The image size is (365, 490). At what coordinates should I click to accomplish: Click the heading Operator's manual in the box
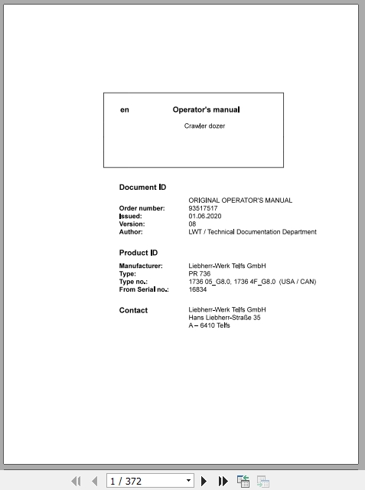point(206,109)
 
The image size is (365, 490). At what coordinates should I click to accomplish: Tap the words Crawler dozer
point(204,126)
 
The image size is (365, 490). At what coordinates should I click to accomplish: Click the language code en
point(125,109)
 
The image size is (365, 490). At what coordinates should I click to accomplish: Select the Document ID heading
point(142,187)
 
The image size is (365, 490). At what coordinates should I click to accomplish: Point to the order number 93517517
point(203,208)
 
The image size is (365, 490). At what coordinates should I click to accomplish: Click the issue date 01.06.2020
point(205,216)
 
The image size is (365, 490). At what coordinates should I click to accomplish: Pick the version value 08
point(192,224)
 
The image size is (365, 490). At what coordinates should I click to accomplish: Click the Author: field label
point(131,231)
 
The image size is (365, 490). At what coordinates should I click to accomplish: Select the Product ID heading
point(139,253)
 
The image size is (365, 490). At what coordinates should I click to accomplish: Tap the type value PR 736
point(200,273)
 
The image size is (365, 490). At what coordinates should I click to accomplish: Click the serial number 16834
point(197,289)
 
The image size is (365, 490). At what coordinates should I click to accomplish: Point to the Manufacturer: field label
point(141,266)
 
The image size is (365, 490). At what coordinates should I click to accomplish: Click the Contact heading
point(133,310)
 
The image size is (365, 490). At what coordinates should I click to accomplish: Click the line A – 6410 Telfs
point(209,325)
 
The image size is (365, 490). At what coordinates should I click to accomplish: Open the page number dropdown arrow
point(189,481)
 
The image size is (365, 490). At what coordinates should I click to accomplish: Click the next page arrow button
point(204,481)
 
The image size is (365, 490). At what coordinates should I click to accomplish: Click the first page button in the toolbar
point(76,481)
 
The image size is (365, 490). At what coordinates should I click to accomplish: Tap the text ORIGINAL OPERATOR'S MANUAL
point(240,201)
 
